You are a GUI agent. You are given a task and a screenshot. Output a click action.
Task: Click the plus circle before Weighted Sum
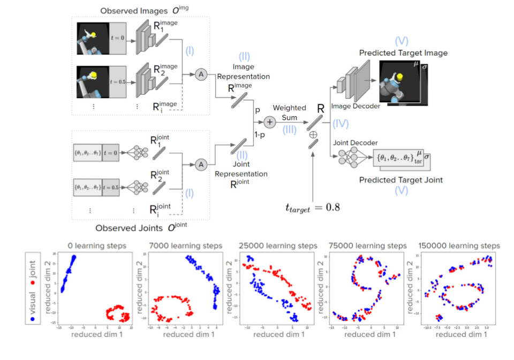click(270, 123)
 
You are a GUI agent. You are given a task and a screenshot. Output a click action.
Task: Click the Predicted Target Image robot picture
click(397, 81)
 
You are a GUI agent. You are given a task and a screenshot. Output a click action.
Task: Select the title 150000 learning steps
click(458, 245)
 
